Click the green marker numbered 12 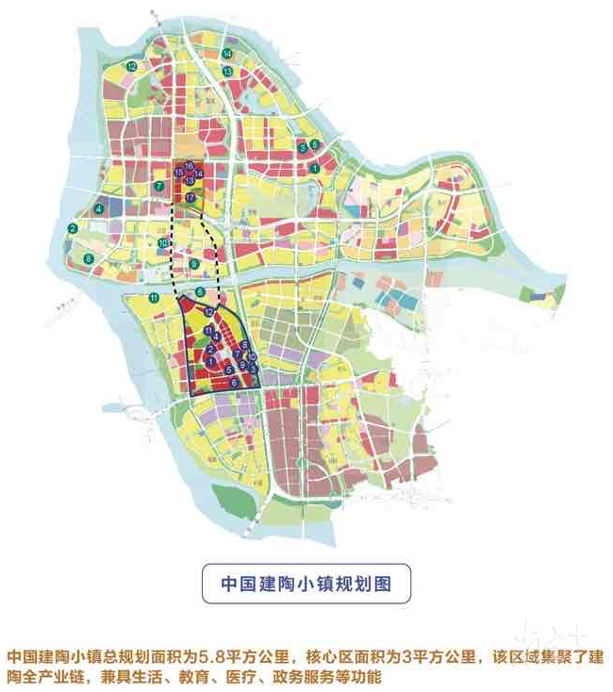[x=133, y=67]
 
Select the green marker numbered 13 [x=227, y=72]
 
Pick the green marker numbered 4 [x=99, y=208]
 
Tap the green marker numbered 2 [x=73, y=229]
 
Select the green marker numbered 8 [x=89, y=258]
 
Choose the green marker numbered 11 [x=153, y=299]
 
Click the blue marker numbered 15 [x=179, y=173]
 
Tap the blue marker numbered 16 [x=189, y=166]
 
